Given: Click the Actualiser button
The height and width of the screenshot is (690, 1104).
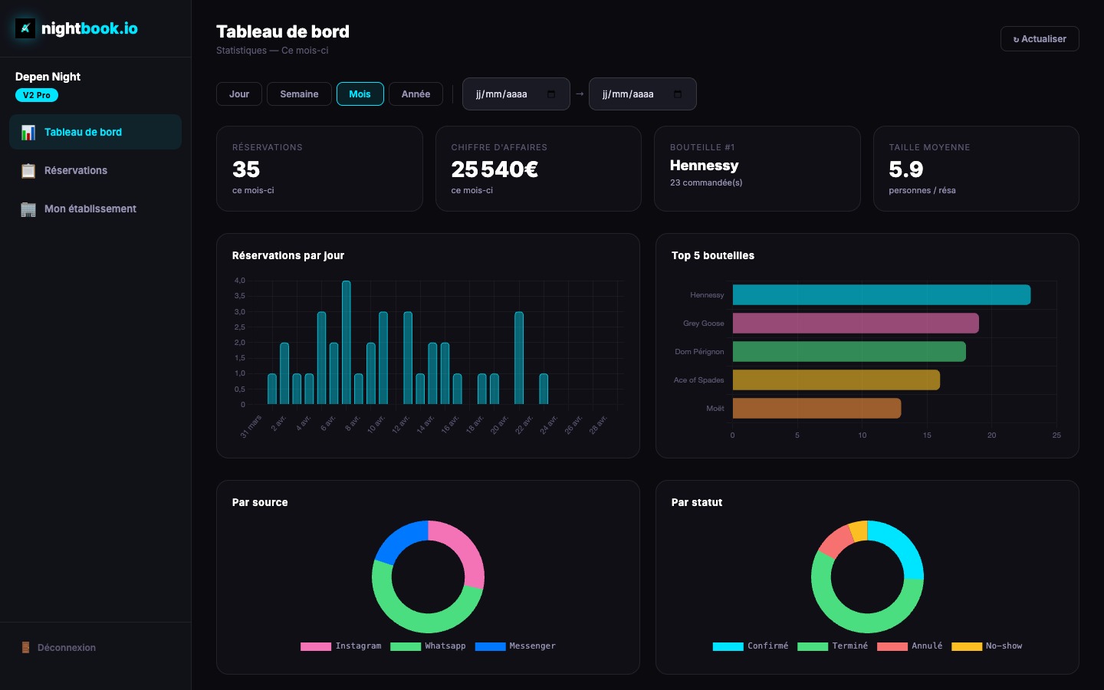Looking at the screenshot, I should [x=1040, y=39].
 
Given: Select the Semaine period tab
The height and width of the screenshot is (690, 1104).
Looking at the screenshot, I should [x=299, y=94].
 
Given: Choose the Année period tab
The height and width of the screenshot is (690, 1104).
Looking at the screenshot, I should [x=416, y=94].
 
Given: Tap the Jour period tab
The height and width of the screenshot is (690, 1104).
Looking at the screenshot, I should [x=239, y=94].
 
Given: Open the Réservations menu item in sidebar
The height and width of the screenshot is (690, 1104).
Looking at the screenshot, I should [x=75, y=170].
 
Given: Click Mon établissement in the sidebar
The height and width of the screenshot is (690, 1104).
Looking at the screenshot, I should [x=90, y=209].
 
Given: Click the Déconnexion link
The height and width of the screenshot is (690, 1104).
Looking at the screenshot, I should [x=66, y=648].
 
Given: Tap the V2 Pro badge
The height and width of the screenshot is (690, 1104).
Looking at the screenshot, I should [x=37, y=95].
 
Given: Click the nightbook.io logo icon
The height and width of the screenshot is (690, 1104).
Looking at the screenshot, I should [x=25, y=29].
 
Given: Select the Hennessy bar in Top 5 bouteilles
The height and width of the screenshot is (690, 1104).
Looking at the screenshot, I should [x=881, y=295].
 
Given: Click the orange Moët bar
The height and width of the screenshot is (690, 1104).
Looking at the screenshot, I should [x=816, y=409].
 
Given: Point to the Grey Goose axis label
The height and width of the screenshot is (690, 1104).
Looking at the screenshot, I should [x=703, y=324].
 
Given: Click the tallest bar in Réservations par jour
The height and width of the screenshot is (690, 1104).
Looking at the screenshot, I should [x=347, y=342].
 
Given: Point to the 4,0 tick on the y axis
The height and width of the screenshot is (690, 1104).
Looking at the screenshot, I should [x=240, y=281].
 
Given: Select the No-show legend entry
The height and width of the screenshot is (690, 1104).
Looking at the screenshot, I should [x=987, y=646].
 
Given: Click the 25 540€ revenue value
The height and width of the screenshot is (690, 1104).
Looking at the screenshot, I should [x=495, y=169].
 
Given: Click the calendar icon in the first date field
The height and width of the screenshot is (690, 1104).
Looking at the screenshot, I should [x=551, y=94].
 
